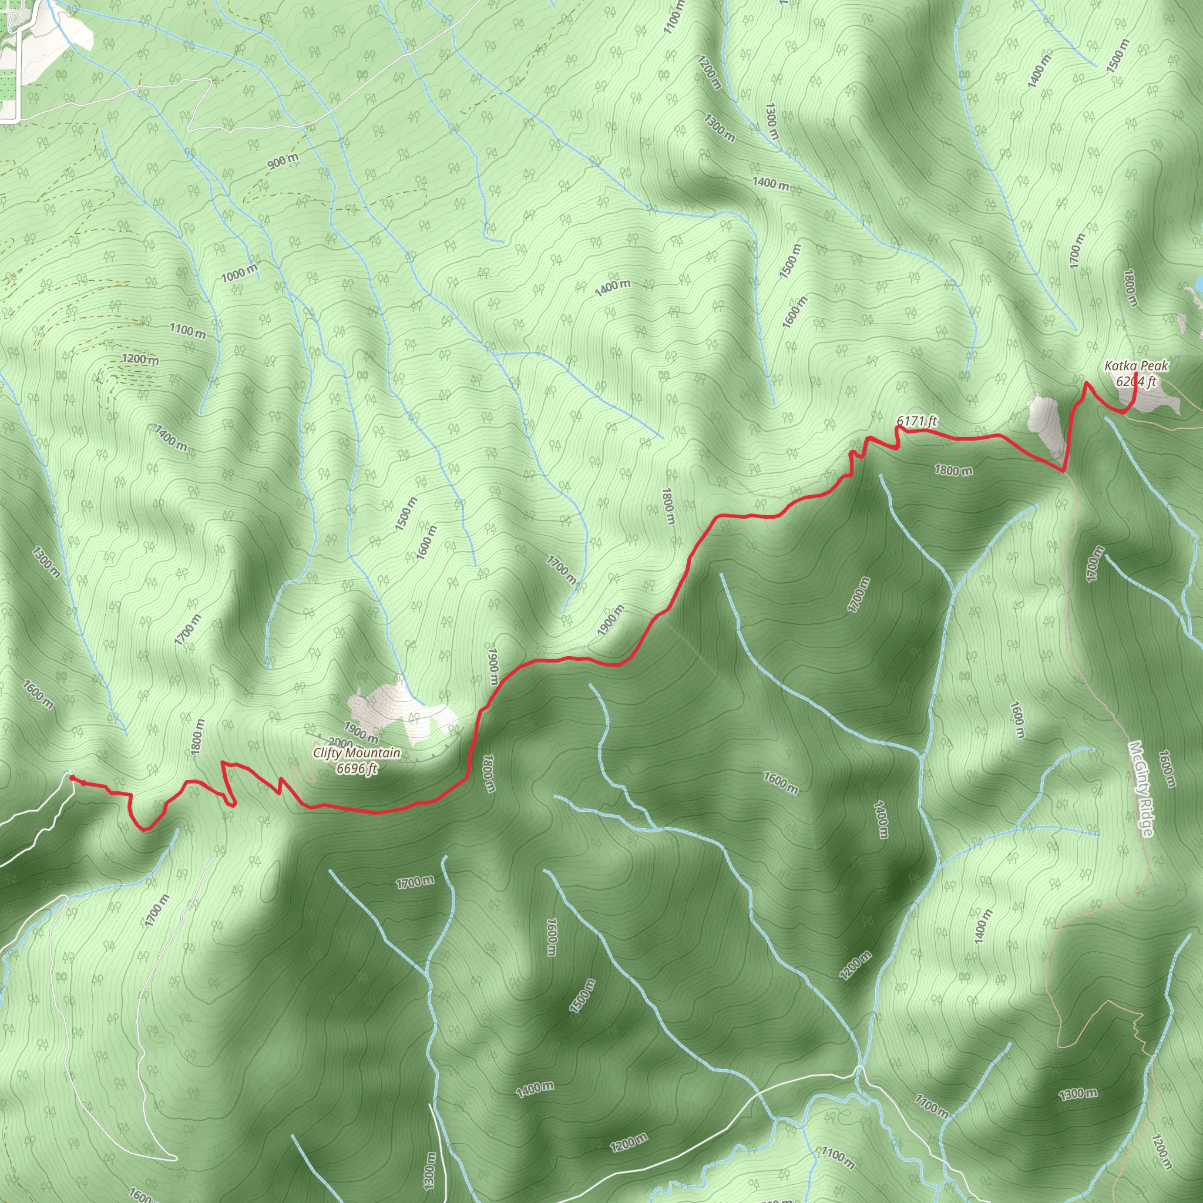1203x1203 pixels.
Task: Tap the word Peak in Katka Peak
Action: coord(1154,365)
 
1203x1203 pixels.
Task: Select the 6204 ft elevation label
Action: coord(1137,381)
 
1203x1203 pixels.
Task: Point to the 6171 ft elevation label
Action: coord(916,421)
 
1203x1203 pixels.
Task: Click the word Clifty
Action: coord(330,753)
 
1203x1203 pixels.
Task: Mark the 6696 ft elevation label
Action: coord(357,768)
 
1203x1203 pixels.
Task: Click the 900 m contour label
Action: coord(283,162)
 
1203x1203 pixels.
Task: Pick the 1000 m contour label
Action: coord(239,273)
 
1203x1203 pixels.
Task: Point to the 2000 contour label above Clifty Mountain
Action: coord(341,742)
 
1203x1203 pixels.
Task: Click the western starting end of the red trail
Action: coord(72,777)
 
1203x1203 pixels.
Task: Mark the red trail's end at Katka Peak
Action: coord(1137,374)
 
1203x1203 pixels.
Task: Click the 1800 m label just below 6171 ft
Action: coord(953,470)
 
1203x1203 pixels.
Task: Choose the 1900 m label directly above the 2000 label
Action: coord(361,732)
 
